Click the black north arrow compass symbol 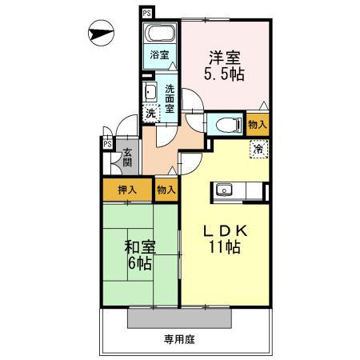(x=100, y=34)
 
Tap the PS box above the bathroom (x=146, y=14)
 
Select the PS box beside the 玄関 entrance (x=106, y=144)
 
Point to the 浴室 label (x=158, y=55)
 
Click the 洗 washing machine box (x=150, y=114)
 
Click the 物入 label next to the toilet (x=257, y=125)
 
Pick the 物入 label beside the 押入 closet (x=166, y=190)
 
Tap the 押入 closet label (x=126, y=190)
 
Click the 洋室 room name (x=226, y=58)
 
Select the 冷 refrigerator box (x=258, y=149)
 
